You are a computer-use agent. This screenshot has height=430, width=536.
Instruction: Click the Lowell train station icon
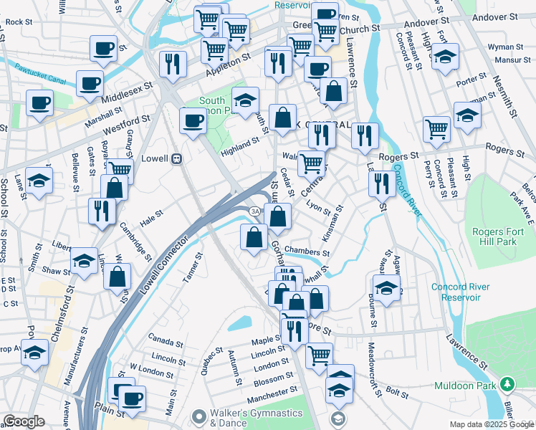[176, 158]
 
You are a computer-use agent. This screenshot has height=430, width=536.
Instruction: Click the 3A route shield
[254, 211]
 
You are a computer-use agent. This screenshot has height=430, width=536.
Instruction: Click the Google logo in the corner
[23, 421]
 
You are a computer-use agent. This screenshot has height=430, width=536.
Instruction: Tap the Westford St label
[125, 131]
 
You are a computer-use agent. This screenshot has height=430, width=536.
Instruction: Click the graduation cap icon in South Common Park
[245, 101]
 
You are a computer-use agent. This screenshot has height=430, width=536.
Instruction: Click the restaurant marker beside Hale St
[102, 211]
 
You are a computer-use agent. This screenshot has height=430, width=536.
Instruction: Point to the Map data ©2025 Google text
[491, 424]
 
